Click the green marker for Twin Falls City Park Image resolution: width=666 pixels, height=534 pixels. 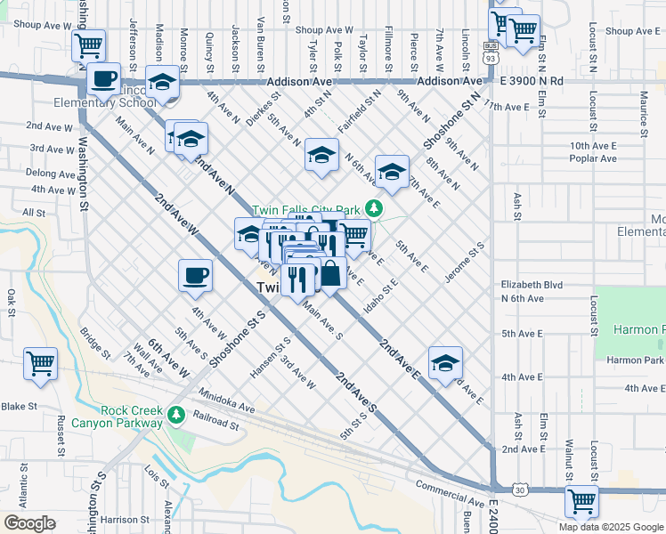click(x=375, y=209)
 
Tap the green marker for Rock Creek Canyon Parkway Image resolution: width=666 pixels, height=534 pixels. click(x=176, y=414)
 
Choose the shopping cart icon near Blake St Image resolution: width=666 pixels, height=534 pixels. click(x=41, y=363)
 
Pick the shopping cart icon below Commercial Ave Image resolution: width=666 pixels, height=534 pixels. click(x=581, y=501)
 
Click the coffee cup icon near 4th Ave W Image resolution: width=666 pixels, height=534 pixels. click(x=195, y=275)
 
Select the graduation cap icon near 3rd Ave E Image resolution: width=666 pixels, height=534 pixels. click(x=445, y=362)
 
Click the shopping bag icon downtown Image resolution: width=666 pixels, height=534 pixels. click(x=330, y=273)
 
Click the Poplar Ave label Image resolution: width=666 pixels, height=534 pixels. click(x=594, y=158)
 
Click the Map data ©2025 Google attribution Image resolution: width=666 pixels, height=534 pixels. click(x=610, y=527)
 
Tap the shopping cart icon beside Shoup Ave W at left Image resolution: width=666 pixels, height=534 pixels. click(x=88, y=44)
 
